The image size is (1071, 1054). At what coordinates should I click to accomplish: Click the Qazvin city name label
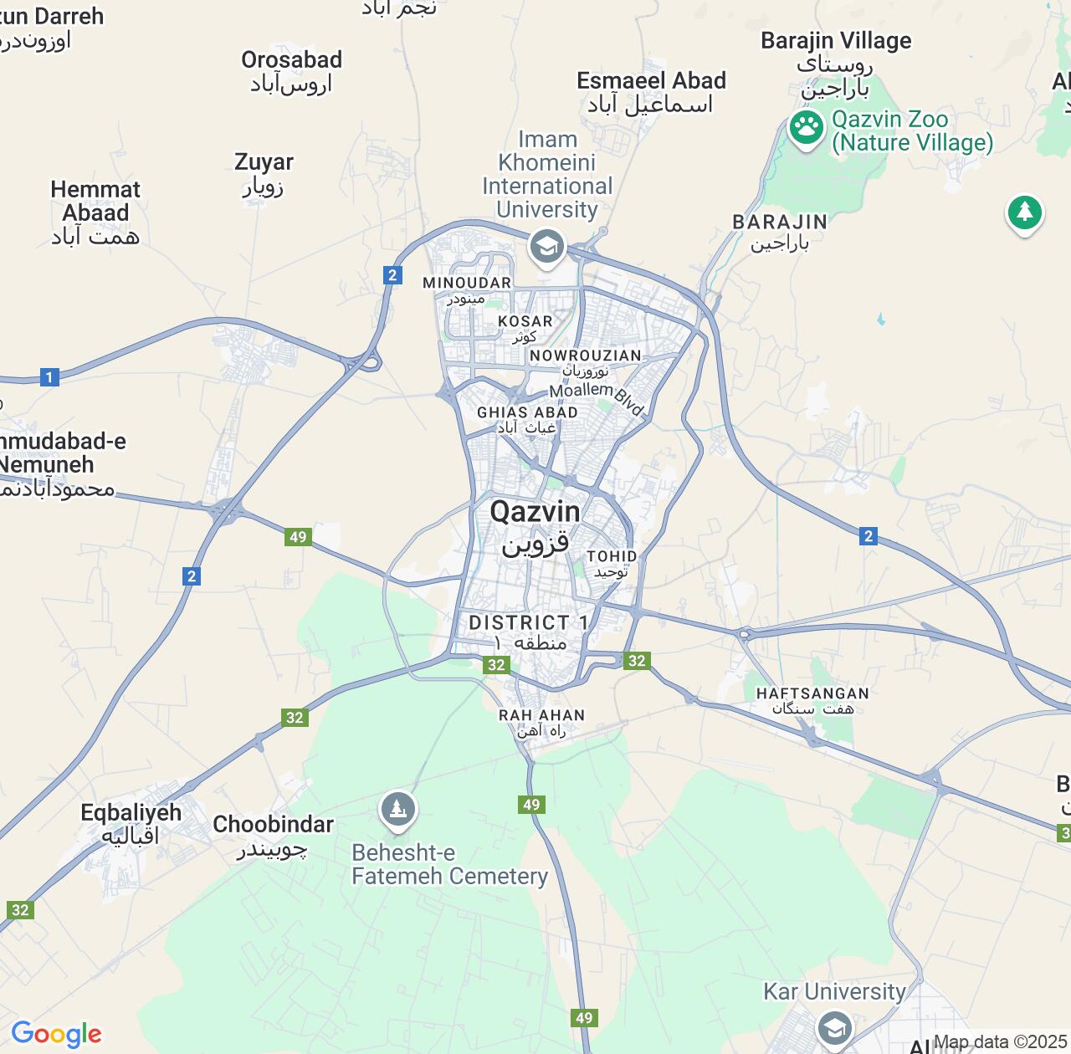click(x=535, y=512)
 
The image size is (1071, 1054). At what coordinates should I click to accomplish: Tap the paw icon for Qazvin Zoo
click(x=807, y=129)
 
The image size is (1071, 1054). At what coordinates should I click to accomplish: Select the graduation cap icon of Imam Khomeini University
click(x=547, y=247)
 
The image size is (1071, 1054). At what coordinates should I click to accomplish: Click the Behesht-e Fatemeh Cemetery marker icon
click(x=398, y=809)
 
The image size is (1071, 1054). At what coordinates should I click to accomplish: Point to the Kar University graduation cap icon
click(x=834, y=1026)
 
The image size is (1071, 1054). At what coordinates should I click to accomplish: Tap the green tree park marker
click(x=1024, y=212)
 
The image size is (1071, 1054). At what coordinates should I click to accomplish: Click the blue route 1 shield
click(x=49, y=377)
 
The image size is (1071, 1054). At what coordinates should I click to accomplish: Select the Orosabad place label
click(x=291, y=60)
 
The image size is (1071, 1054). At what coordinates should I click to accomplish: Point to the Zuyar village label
click(x=264, y=162)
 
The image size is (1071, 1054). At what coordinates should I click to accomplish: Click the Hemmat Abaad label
click(x=95, y=202)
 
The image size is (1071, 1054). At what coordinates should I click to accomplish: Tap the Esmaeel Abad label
click(x=651, y=81)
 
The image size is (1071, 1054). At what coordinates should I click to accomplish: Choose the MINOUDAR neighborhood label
click(x=467, y=283)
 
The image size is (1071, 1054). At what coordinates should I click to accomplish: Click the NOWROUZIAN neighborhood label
click(x=585, y=356)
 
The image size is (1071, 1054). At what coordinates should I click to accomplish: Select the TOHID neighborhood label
click(x=612, y=556)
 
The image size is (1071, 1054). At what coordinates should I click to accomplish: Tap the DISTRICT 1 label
click(x=528, y=622)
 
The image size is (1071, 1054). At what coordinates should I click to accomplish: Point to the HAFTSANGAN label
click(x=812, y=693)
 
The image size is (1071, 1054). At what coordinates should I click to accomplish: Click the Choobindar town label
click(x=273, y=825)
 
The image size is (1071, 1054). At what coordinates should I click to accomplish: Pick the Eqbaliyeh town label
click(x=131, y=813)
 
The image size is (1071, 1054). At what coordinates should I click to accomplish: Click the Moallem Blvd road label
click(x=596, y=395)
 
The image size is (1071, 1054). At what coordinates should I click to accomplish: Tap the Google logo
click(x=56, y=1034)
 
